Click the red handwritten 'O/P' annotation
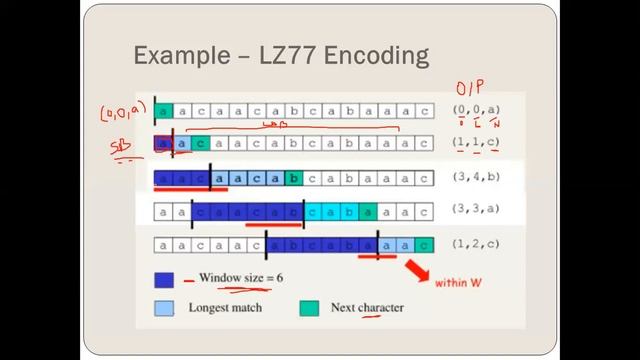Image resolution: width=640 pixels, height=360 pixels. point(467,90)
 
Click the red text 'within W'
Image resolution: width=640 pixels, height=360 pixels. point(458,283)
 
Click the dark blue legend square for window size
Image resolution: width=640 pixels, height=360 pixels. point(164,279)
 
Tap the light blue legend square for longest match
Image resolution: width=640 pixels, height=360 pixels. point(164,308)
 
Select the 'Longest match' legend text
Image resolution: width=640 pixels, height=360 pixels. point(225,308)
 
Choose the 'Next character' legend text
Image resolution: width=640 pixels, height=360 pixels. point(367,308)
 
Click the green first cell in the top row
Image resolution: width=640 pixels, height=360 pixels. point(164,110)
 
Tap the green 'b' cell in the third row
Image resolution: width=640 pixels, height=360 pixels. point(292,180)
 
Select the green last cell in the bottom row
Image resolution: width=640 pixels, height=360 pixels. point(426,245)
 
